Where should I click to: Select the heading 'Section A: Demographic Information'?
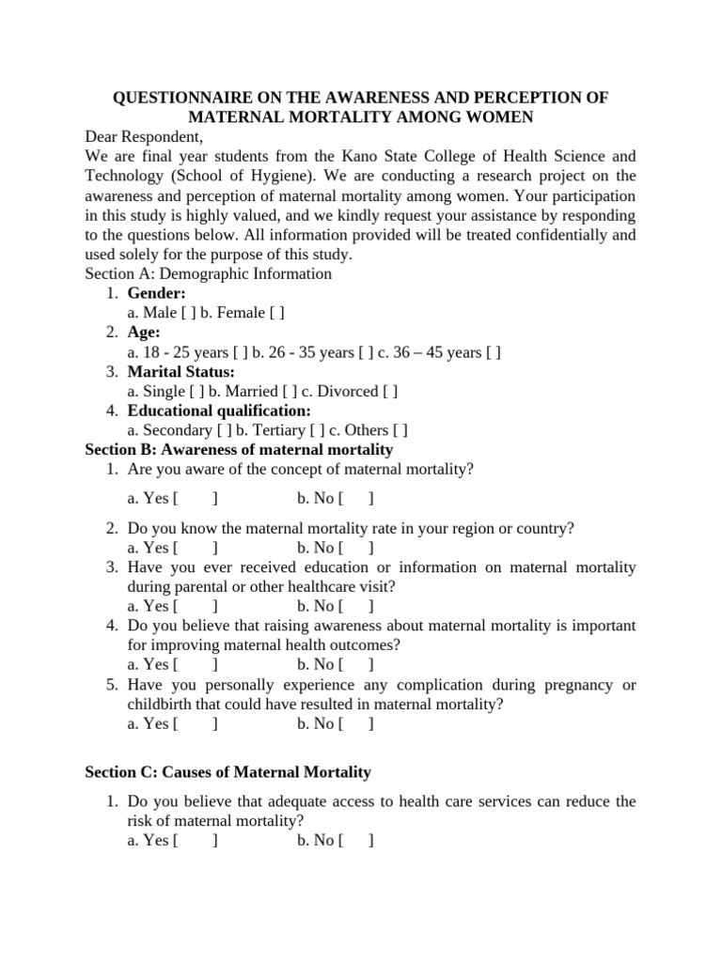pos(208,274)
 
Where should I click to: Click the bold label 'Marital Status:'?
pos(181,372)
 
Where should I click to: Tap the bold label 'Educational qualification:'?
pos(219,411)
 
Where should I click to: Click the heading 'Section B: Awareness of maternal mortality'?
pos(239,450)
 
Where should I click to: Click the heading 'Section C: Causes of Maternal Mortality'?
pos(228,772)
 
